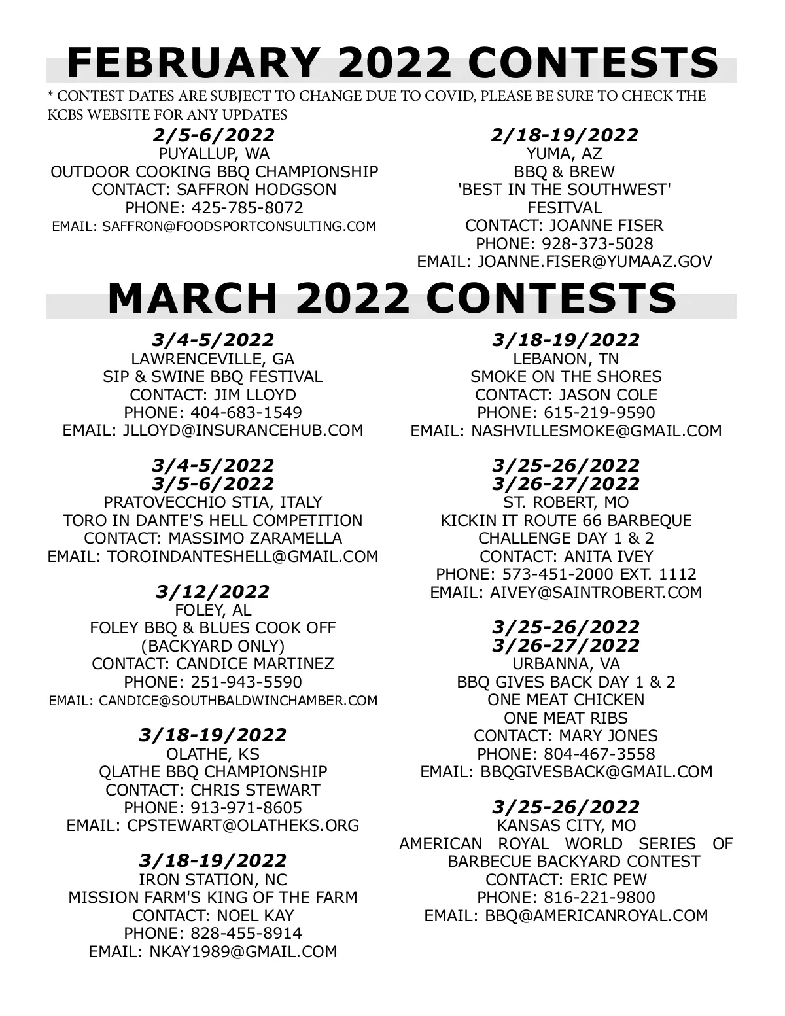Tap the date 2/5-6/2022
214,135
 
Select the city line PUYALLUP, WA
214,154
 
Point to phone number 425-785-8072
247,208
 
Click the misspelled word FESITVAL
565,208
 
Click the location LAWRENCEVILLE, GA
213,359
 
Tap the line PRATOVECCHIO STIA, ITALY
213,502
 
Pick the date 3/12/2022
213,592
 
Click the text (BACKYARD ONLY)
213,646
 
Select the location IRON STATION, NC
213,880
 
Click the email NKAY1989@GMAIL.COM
240,951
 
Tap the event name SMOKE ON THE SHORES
566,377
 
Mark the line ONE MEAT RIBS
566,718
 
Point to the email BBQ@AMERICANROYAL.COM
597,915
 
